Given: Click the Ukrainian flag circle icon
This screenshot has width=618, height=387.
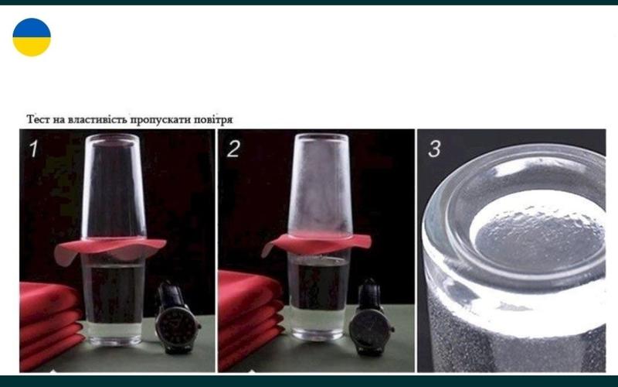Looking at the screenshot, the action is click(x=32, y=37).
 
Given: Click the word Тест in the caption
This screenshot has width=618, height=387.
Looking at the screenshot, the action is click(x=38, y=119).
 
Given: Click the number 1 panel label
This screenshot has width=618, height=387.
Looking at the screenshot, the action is click(x=34, y=149).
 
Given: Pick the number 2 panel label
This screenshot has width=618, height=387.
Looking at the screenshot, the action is click(x=233, y=149).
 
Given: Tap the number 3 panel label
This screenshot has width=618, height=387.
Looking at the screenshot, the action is click(x=434, y=149).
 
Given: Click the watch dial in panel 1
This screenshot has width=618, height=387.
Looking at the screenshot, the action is click(x=176, y=326).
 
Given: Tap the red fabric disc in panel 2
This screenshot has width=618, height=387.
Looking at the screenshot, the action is click(x=317, y=243).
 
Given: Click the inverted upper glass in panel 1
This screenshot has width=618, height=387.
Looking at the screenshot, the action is click(x=114, y=187).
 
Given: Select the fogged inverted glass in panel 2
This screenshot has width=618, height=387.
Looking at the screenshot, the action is click(x=320, y=184).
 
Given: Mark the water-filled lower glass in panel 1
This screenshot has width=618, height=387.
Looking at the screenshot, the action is click(x=114, y=300).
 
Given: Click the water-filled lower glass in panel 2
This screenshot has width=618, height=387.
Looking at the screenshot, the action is click(x=319, y=296).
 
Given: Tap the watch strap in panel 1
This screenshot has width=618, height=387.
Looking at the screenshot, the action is click(x=171, y=295).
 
